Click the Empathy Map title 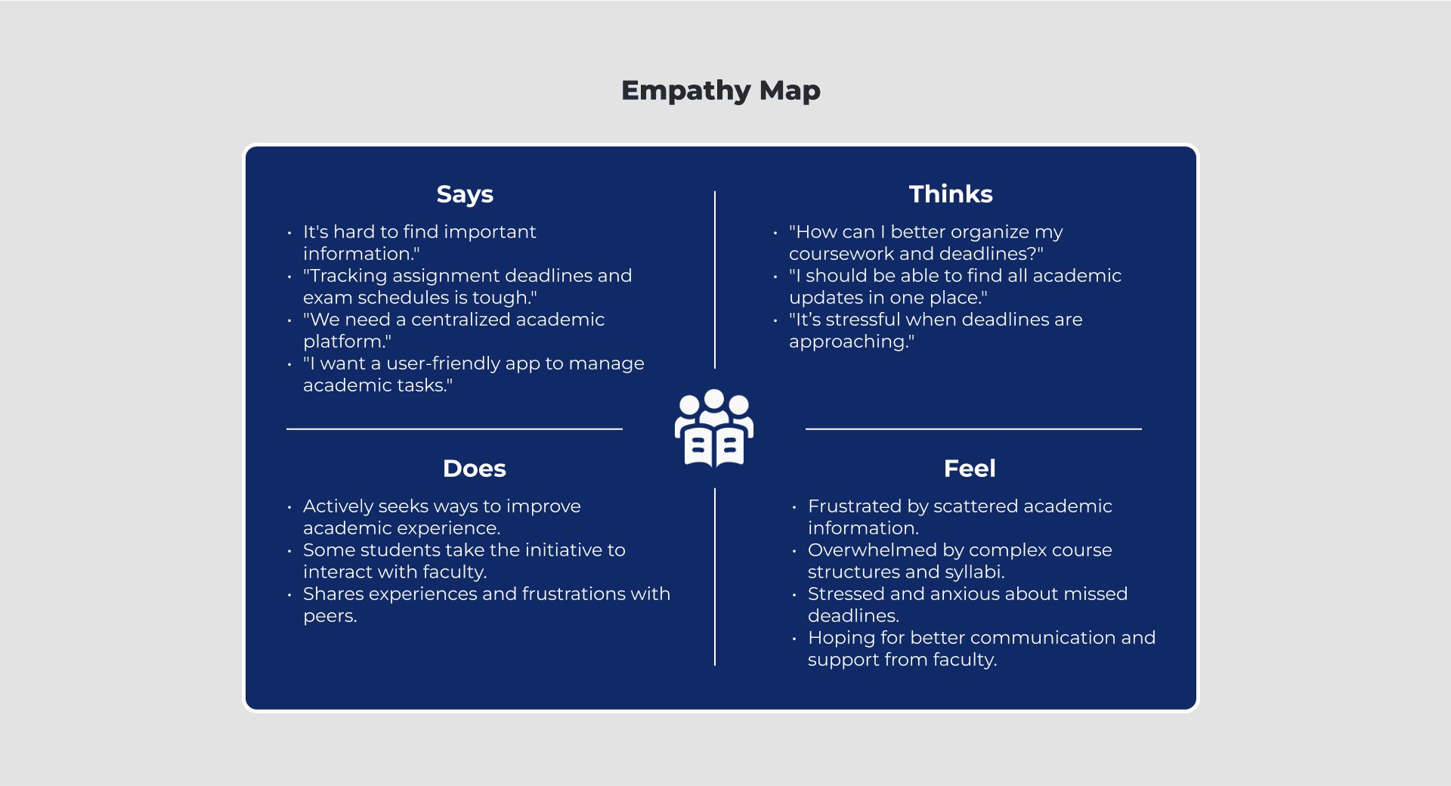pos(720,91)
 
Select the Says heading pos(465,194)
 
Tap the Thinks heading pos(950,194)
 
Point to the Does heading pos(474,469)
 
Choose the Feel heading pos(969,469)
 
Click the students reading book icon pos(713,428)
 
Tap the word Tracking pos(348,276)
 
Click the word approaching pos(849,342)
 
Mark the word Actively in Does pos(337,506)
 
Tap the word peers pos(329,617)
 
